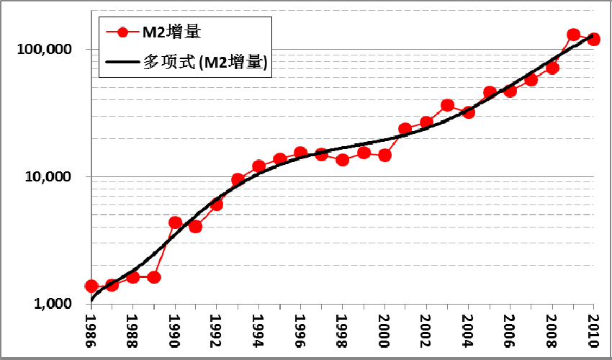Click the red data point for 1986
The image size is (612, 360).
click(x=91, y=286)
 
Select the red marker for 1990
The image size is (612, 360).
click(x=175, y=222)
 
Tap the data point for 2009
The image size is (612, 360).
click(x=573, y=35)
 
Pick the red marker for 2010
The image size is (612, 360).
click(x=594, y=39)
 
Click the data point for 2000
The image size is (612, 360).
click(x=384, y=155)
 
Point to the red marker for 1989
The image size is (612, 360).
click(x=154, y=276)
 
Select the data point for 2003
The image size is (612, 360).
click(x=447, y=105)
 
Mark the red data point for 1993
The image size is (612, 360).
click(x=238, y=179)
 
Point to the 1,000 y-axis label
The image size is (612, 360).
click(x=55, y=305)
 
